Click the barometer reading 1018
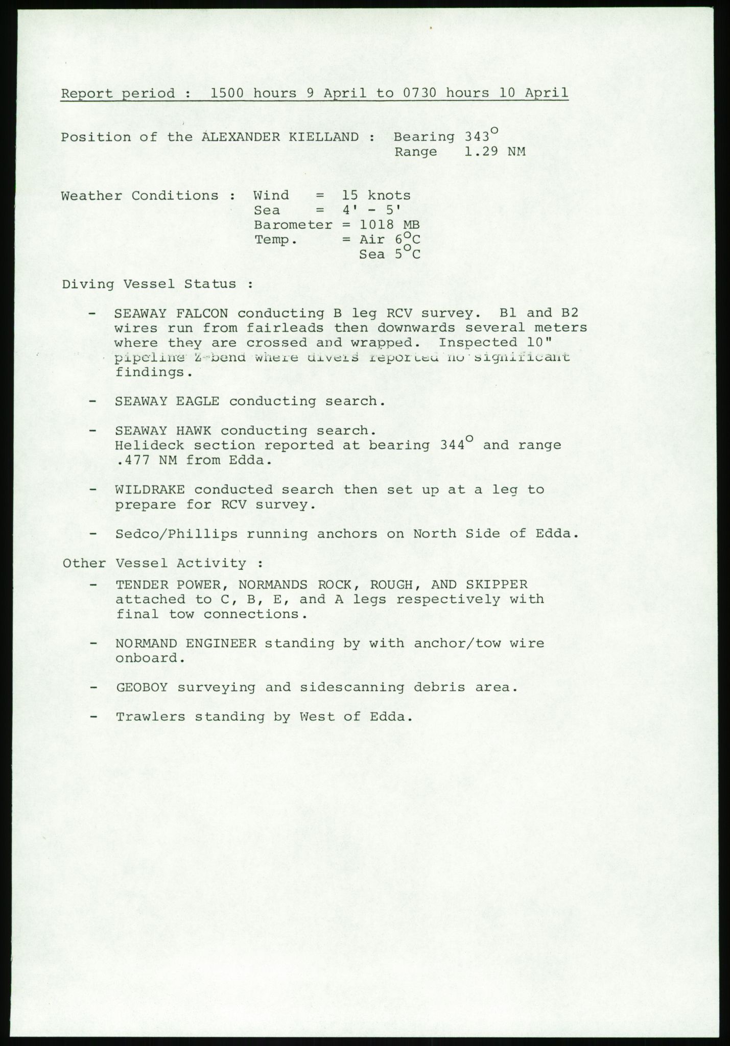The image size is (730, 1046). tap(377, 225)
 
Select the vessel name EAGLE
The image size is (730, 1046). tap(198, 401)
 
